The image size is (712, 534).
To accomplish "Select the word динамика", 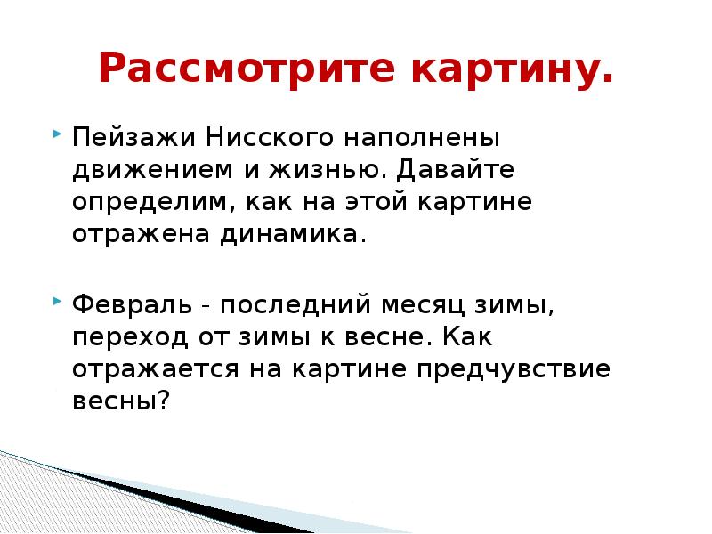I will [287, 232].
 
